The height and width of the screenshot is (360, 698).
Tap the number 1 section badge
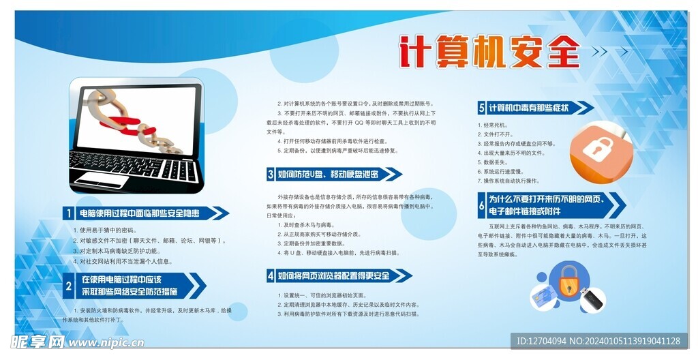point(69,213)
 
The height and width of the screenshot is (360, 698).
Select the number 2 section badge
point(69,286)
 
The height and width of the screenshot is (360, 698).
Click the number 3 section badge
point(271,175)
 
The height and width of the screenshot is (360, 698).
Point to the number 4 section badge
point(271,275)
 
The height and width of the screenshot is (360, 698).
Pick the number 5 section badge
point(482,108)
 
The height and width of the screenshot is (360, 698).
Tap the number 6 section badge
point(482,205)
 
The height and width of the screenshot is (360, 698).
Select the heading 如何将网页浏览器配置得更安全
point(334,275)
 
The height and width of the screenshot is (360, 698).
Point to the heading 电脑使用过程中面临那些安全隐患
point(140,213)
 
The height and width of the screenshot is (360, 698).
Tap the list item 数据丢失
point(495,162)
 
